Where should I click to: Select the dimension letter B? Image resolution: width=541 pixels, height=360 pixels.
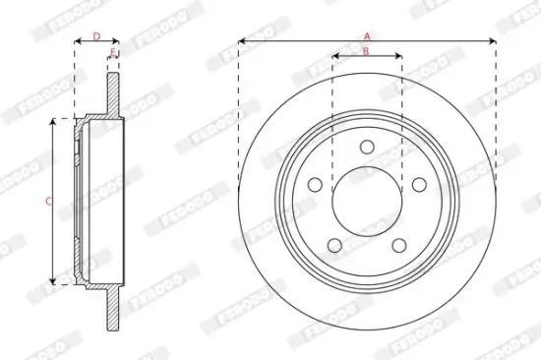point(366,51)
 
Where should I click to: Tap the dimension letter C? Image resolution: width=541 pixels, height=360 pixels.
point(48,201)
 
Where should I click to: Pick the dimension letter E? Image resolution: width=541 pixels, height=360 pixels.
point(113,51)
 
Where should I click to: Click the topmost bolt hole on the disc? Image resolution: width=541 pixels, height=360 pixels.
point(367,147)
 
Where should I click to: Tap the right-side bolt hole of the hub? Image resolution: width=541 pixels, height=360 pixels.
point(418,184)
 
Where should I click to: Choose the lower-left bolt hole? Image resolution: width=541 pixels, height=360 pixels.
point(333,245)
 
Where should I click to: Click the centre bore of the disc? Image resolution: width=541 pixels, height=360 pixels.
point(366,202)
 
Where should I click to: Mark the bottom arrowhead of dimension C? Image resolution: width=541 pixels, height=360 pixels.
point(54,281)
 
